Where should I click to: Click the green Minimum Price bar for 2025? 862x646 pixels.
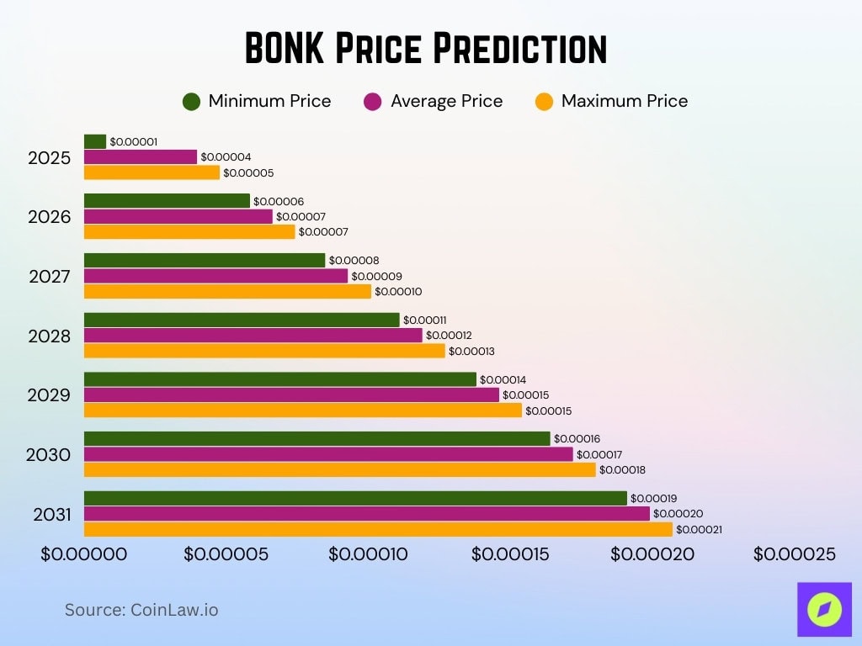(95, 141)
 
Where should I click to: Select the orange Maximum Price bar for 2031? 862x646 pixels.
(378, 529)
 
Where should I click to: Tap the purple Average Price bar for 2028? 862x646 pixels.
(253, 336)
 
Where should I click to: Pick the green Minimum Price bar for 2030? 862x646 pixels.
(317, 439)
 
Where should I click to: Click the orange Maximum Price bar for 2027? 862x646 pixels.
(227, 291)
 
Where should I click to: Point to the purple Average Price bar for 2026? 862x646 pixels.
(178, 216)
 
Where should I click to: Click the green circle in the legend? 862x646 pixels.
(191, 102)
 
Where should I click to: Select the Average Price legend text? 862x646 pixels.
(446, 102)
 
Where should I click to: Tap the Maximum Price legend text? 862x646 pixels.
(624, 102)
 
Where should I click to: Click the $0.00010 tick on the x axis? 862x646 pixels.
(368, 554)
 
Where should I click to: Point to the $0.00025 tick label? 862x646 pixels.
(794, 554)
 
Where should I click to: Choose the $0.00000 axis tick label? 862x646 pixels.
(84, 554)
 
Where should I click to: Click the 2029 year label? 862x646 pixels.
(50, 395)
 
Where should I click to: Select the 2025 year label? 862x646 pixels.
(50, 157)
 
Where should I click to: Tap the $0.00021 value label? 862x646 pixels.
(699, 530)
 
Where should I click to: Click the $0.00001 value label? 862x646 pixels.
(133, 142)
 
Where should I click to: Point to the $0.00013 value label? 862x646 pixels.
(473, 351)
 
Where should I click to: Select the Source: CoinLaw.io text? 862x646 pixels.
(141, 610)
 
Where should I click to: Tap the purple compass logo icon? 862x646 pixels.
(824, 609)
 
